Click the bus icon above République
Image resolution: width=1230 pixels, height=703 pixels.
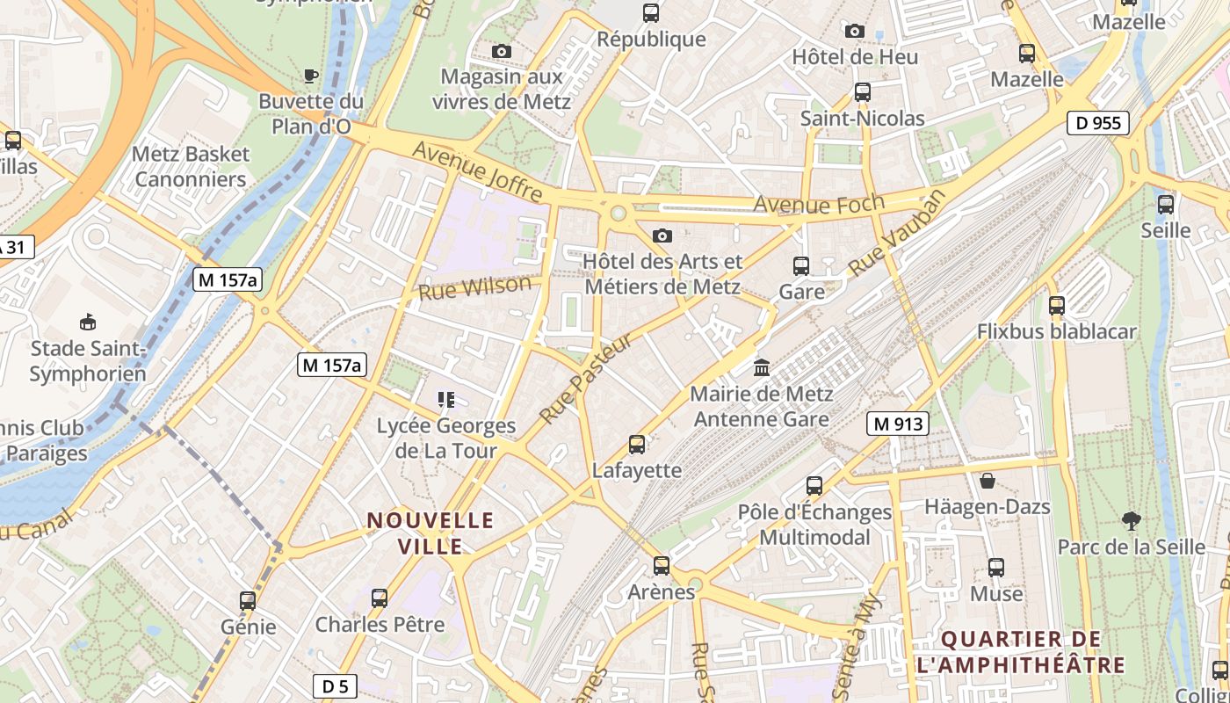coord(651,13)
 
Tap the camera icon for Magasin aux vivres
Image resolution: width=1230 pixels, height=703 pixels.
coord(502,52)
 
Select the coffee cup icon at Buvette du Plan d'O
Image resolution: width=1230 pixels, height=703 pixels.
coord(310,76)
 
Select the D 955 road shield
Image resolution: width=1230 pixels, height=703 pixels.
coord(1098,123)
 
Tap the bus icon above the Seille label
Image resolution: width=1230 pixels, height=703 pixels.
coord(1166,205)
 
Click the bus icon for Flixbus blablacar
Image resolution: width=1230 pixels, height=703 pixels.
coord(1057,306)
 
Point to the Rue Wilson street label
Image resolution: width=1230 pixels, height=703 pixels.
coord(475,287)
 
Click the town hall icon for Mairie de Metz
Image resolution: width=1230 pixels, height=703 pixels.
coord(762,366)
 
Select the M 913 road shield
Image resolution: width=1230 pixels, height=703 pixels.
coord(897,424)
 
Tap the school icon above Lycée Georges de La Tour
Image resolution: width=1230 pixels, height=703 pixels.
coord(446,401)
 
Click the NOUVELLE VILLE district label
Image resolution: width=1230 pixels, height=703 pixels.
coord(430,533)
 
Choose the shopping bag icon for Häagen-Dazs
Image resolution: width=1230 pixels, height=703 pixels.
coord(988,481)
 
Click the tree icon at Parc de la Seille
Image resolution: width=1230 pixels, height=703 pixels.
coord(1132,521)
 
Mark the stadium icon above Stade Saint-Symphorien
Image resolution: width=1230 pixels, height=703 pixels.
coord(88,323)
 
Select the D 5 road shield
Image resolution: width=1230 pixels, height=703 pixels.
coord(335,686)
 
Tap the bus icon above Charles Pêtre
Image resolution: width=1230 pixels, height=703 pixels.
coord(380,598)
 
